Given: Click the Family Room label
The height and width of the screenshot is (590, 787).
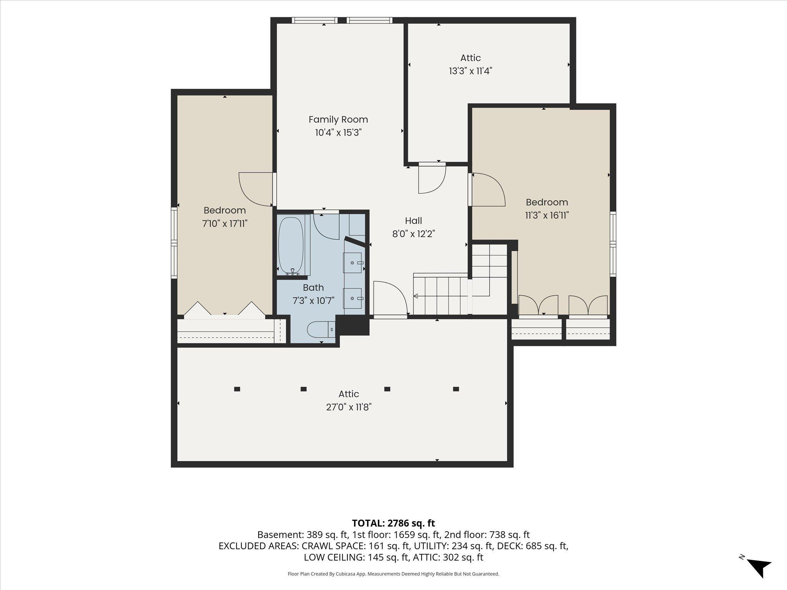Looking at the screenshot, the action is [338, 119].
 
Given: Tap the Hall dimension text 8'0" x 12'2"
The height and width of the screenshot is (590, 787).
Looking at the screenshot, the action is [413, 234].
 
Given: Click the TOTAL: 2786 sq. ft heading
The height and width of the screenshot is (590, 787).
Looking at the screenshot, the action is [393, 523].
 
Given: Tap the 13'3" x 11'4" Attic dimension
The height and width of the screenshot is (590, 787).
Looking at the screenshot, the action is [471, 71].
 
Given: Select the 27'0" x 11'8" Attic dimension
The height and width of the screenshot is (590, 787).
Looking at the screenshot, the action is [349, 407].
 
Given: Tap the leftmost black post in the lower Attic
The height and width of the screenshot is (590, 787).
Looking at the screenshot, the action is [237, 389].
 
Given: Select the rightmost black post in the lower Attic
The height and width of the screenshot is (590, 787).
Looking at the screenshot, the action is [456, 389].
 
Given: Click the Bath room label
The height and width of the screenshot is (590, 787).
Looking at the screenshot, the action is [313, 288].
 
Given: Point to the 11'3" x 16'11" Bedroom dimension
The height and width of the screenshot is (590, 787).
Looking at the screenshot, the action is [547, 215].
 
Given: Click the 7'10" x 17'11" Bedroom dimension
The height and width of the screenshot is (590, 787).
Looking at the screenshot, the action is [225, 224].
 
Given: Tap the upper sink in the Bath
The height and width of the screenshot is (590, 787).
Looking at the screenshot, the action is [352, 263].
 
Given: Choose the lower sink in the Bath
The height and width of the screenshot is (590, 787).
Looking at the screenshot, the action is [352, 298].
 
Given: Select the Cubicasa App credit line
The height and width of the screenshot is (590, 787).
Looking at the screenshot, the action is [393, 574].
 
